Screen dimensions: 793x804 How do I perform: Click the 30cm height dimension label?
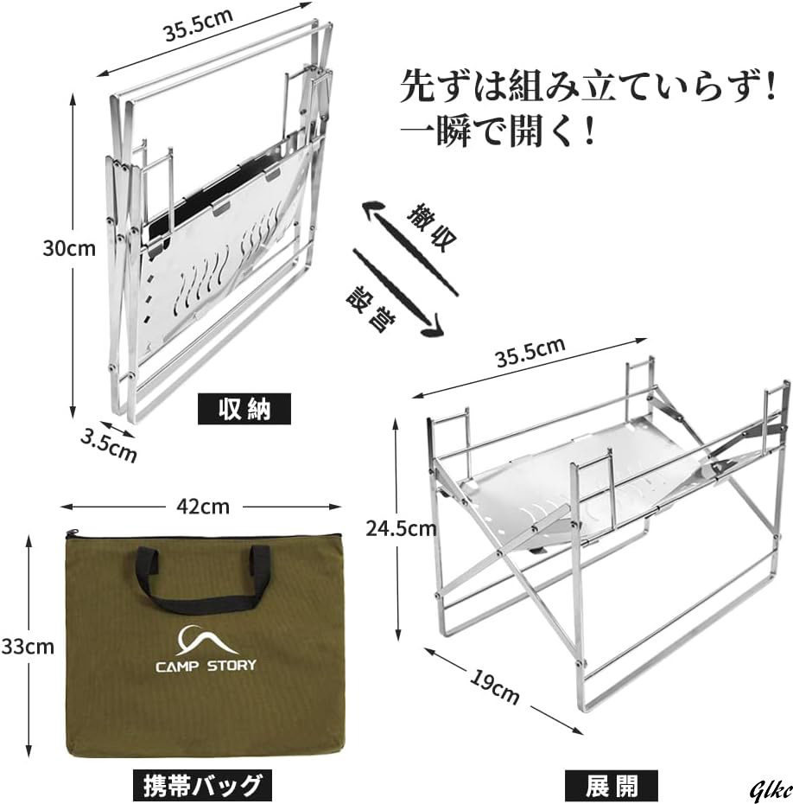pos(69,248)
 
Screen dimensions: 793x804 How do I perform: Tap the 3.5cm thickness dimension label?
pos(109,444)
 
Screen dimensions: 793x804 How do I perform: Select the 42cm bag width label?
pos(203,507)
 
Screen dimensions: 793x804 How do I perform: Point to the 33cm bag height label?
pos(28,647)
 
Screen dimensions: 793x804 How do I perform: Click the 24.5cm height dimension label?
pos(401,528)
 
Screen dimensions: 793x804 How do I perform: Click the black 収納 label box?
pos(244,409)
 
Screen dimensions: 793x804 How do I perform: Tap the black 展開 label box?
pos(612,785)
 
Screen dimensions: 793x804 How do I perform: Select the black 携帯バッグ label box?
pos(202,785)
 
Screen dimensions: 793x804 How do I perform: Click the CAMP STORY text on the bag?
pos(206,666)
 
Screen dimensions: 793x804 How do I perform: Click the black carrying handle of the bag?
pos(203,580)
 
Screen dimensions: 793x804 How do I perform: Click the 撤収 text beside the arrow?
pos(432,227)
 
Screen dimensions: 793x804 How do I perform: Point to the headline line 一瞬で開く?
pos(497,133)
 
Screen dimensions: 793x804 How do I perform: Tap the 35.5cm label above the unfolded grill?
pos(530,352)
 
